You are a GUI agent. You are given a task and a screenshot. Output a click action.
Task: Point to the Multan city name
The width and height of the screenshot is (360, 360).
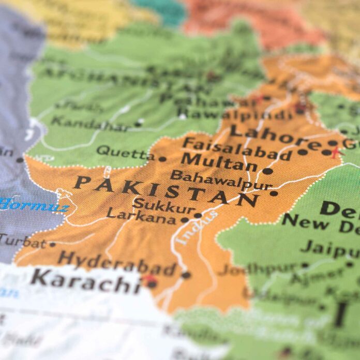click(220, 163)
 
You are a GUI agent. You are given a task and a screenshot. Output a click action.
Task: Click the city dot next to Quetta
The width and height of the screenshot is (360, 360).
click(162, 159)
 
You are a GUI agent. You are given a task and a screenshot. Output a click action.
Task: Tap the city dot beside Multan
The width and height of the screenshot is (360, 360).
click(267, 171)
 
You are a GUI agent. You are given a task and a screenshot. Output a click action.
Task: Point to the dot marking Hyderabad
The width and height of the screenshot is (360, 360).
click(186, 275)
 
